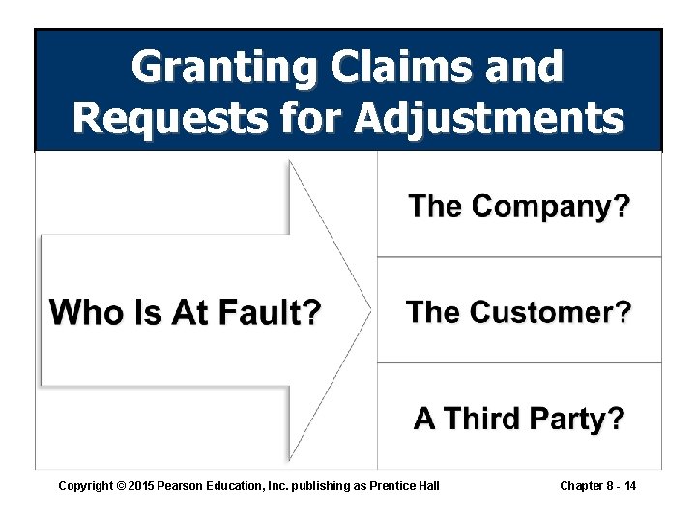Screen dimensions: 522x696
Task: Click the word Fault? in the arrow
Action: pyautogui.click(x=271, y=313)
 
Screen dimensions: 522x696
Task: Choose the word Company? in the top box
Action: pyautogui.click(x=550, y=206)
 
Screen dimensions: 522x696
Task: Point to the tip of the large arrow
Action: pyautogui.click(x=370, y=309)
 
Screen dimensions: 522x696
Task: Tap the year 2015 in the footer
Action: pyautogui.click(x=142, y=485)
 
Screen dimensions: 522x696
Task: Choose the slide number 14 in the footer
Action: pyautogui.click(x=629, y=485)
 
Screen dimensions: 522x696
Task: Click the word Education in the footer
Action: pyautogui.click(x=238, y=485)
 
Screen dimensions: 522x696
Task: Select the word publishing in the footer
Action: pyautogui.click(x=321, y=485)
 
